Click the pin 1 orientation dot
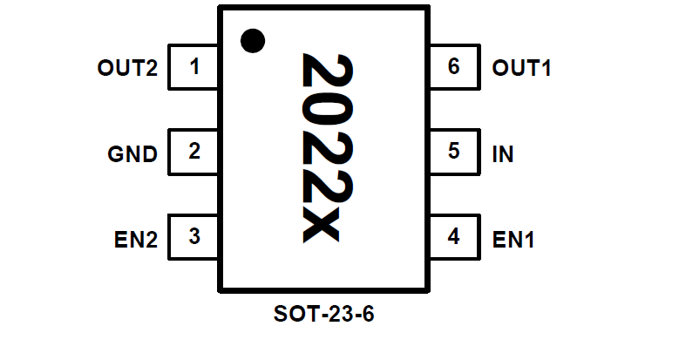coord(253,39)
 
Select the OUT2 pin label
coord(127,68)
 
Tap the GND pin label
coord(132,154)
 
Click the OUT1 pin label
coord(522,68)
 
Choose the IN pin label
coord(503,154)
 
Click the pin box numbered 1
coord(194,67)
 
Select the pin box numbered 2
coord(194,152)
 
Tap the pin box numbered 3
coord(194,236)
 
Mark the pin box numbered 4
coord(453,236)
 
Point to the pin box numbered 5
coord(453,152)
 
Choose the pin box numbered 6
coord(453,67)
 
